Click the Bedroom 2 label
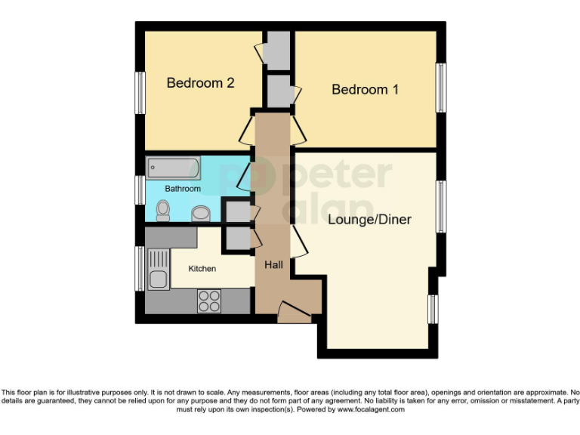coord(200,83)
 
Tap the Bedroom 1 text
coord(366,90)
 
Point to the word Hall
coord(273,265)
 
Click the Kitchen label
coord(202,269)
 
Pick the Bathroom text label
coord(183,189)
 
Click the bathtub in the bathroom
coord(173,167)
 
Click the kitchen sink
coord(159,270)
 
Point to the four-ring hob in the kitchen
coord(209,301)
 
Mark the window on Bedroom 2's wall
coord(140,93)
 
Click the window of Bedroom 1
coord(441,88)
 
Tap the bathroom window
coord(140,189)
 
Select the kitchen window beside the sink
coord(140,268)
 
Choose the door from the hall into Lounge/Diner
coord(300,242)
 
